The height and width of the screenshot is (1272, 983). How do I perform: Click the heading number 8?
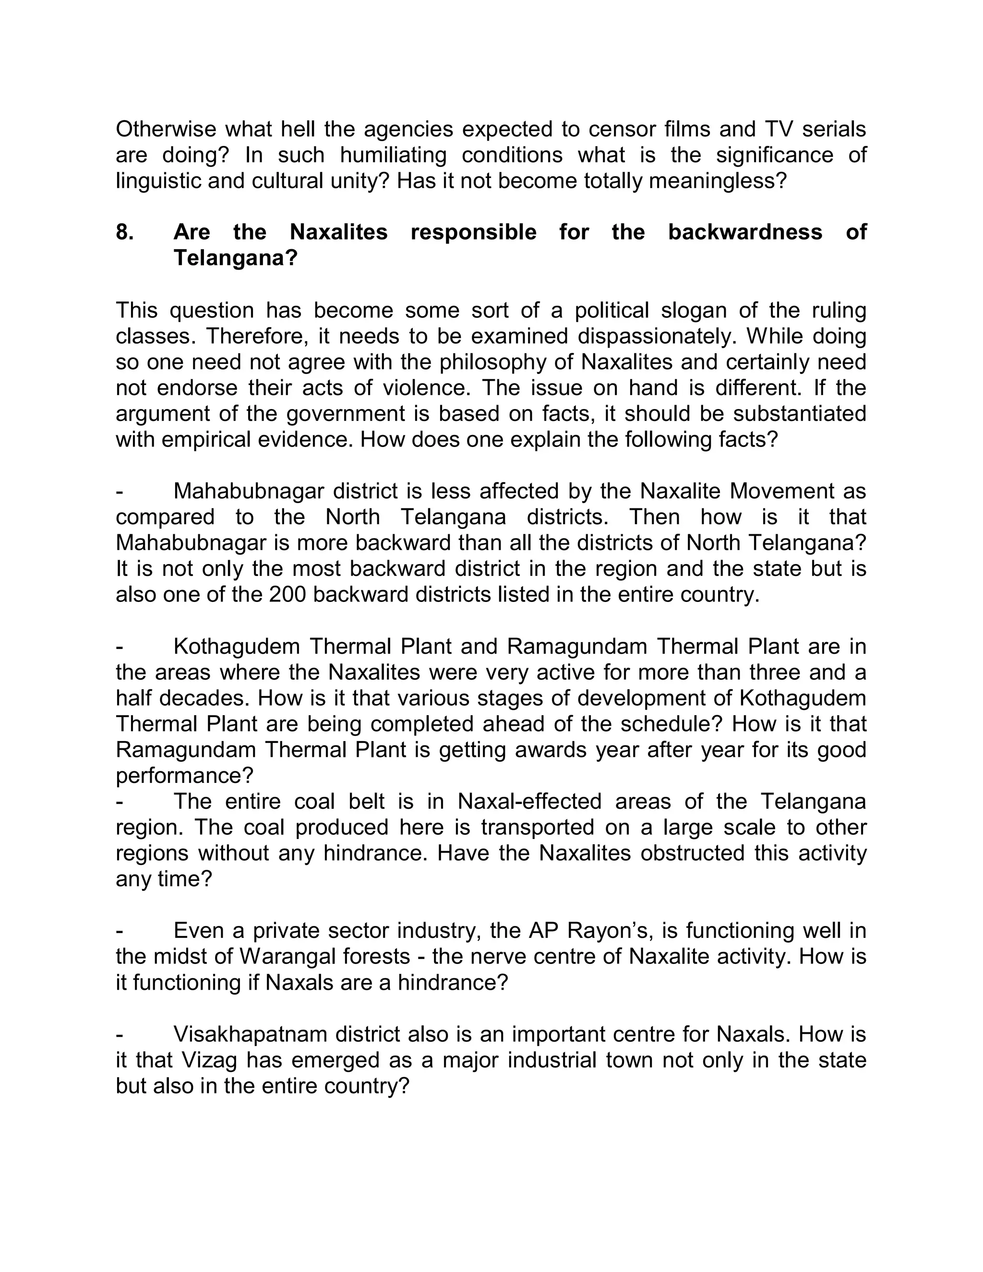click(x=125, y=232)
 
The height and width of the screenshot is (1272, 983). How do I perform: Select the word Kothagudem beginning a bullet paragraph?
click(x=237, y=647)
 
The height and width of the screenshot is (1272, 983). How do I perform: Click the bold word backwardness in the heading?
click(x=745, y=232)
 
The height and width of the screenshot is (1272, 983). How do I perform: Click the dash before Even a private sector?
click(x=120, y=931)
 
